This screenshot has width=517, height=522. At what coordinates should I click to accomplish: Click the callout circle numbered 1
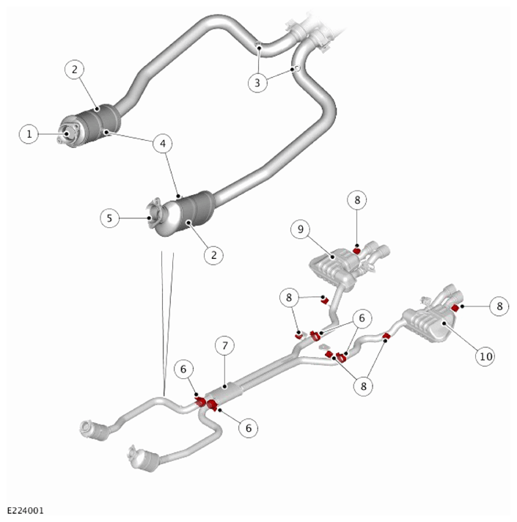[29, 134]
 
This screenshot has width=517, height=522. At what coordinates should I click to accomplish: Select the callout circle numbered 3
[257, 82]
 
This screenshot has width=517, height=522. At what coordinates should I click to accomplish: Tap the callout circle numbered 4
[163, 144]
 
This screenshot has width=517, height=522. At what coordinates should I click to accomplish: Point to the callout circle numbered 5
[109, 218]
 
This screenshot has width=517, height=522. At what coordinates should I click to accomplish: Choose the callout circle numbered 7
[224, 346]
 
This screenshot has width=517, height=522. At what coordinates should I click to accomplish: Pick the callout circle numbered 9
[301, 229]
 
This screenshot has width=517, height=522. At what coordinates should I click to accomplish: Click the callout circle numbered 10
[485, 356]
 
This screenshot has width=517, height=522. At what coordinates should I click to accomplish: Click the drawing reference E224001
[26, 510]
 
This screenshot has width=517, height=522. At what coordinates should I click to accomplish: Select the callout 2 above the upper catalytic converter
[74, 69]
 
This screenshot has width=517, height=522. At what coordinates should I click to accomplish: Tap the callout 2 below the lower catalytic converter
[213, 255]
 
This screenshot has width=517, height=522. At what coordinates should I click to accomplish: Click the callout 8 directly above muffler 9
[357, 200]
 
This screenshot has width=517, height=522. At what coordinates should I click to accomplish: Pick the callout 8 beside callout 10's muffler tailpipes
[499, 306]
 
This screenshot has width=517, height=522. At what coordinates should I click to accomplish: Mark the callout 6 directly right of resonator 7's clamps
[249, 427]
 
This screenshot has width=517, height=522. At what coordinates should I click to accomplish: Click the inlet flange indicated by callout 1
[68, 134]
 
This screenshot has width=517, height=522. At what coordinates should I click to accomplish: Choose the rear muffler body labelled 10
[430, 325]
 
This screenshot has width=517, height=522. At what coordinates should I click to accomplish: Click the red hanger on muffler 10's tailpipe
[455, 308]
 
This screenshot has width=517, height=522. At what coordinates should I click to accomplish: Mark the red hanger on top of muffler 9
[356, 251]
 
